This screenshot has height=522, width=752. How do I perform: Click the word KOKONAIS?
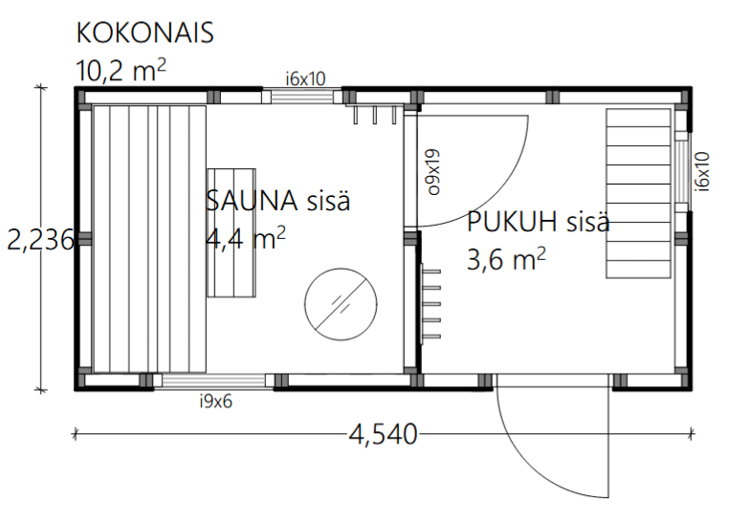(144, 33)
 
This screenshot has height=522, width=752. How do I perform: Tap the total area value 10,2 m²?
(122, 71)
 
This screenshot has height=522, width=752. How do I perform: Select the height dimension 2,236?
(41, 240)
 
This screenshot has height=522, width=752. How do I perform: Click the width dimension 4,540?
(383, 435)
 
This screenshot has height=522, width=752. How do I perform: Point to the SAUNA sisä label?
(278, 201)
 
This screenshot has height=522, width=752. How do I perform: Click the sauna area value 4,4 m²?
(246, 238)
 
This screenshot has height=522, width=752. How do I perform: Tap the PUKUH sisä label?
(539, 222)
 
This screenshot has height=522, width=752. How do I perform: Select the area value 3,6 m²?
(506, 259)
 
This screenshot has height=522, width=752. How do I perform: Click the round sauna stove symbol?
(341, 304)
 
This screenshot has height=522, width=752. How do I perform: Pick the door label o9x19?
(433, 171)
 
